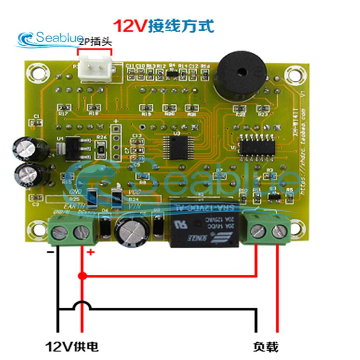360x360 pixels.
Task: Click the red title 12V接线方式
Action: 164,26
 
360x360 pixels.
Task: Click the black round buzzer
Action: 239,75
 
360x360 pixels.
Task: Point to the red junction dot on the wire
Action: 82,276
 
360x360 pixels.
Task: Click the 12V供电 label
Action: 72,347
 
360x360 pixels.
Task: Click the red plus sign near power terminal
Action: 90,252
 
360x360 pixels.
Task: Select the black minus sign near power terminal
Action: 50,252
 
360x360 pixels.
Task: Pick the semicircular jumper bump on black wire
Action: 82,306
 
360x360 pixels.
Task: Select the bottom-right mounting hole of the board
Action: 296,227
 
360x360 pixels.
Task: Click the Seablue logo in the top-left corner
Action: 49,39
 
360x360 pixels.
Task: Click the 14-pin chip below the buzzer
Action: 257,146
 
